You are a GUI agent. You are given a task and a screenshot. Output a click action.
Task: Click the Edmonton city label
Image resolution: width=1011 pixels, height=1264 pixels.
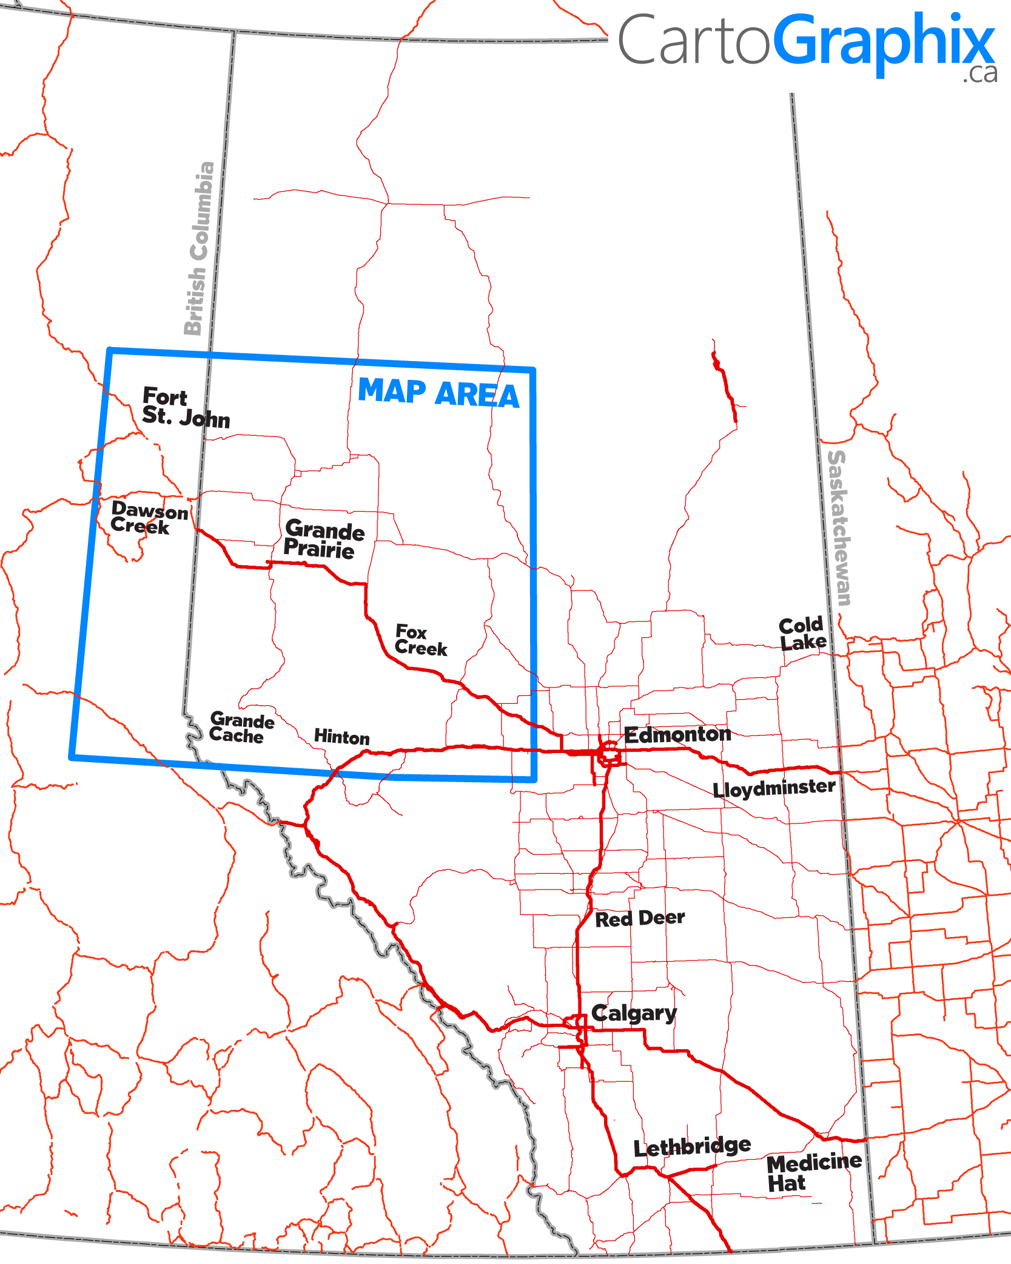[x=677, y=735]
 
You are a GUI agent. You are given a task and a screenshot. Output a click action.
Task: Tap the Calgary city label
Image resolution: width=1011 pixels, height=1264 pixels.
[x=634, y=1013]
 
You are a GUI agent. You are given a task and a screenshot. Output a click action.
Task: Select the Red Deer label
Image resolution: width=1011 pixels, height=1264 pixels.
[x=640, y=918]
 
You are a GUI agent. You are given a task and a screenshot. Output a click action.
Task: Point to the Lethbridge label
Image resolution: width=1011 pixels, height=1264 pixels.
[x=692, y=1147]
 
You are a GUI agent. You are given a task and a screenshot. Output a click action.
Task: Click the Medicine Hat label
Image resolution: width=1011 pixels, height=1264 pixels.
[x=813, y=1172]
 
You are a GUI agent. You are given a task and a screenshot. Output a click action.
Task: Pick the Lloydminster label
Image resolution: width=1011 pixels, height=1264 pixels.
[x=774, y=788]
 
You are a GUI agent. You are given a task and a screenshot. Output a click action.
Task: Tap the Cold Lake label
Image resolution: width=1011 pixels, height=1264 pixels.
[x=802, y=634]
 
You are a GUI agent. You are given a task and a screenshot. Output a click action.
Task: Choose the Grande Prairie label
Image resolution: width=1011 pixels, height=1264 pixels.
[x=324, y=539]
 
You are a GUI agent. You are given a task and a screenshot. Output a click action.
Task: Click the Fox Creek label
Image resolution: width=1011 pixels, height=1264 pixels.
[x=420, y=640]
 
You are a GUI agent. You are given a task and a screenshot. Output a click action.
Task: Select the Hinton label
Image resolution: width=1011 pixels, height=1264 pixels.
[x=341, y=737]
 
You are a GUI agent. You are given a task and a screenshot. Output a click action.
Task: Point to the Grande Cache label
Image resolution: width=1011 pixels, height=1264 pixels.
[x=241, y=728]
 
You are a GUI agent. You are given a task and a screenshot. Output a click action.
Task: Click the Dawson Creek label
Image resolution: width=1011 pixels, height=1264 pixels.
[x=149, y=518]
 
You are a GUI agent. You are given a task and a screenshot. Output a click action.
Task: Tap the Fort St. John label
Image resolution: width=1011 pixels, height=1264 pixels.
[x=185, y=407]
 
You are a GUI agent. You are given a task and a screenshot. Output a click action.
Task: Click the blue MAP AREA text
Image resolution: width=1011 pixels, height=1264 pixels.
[x=438, y=393]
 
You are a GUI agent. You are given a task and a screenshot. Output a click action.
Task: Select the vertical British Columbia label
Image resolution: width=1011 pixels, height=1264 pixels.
[x=200, y=248]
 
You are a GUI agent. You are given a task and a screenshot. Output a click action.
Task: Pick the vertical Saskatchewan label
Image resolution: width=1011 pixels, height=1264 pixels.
[x=839, y=528]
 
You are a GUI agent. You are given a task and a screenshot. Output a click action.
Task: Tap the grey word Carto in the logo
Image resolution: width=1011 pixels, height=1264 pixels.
[x=693, y=41]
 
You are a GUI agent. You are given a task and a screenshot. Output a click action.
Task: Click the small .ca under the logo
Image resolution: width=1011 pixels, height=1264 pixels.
[x=979, y=73]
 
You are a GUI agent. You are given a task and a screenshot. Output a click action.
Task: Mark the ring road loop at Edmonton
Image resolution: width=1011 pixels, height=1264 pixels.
[x=609, y=754]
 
